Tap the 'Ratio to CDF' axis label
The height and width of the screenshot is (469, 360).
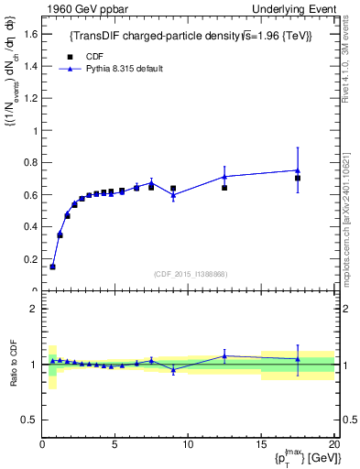(12, 364)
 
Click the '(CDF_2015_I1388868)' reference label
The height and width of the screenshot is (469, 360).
(190, 274)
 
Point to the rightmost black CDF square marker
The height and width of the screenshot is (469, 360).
(298, 179)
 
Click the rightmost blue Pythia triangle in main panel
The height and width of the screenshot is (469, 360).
(298, 169)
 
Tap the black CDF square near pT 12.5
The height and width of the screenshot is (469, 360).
(224, 188)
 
